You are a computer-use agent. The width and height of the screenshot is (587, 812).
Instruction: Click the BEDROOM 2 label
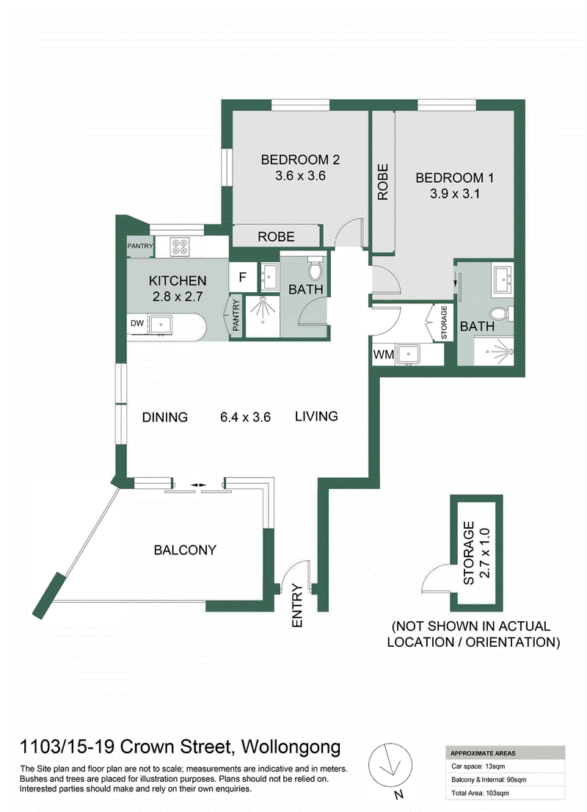point(300,159)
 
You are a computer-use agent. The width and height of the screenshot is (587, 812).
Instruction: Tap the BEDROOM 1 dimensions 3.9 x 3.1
point(454,194)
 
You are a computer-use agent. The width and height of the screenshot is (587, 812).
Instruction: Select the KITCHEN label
point(178,280)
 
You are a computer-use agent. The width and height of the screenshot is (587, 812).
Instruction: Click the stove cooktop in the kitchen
point(179,245)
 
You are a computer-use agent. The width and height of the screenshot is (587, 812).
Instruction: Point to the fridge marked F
point(242,278)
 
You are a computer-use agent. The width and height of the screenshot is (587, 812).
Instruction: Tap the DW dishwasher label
point(137,323)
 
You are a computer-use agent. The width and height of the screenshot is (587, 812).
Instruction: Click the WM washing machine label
point(384,355)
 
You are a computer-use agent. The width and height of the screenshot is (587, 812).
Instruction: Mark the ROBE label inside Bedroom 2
point(276,236)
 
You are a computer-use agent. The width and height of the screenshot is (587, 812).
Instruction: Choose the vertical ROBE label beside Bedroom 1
point(382,182)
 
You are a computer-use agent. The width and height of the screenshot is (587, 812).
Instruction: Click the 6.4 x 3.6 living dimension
point(245,417)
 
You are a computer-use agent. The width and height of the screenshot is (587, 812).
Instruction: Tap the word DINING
point(165,417)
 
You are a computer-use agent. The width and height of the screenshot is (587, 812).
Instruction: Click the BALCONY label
point(185,550)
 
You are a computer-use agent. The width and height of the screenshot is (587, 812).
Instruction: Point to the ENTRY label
point(297,606)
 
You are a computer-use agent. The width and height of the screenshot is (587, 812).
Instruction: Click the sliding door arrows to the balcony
point(197,485)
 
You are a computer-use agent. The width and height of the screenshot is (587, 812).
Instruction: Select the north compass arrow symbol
point(391,765)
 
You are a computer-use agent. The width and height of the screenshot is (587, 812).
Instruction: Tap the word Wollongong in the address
point(291,747)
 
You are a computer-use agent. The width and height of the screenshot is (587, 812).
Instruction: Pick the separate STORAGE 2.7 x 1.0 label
point(476,553)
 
